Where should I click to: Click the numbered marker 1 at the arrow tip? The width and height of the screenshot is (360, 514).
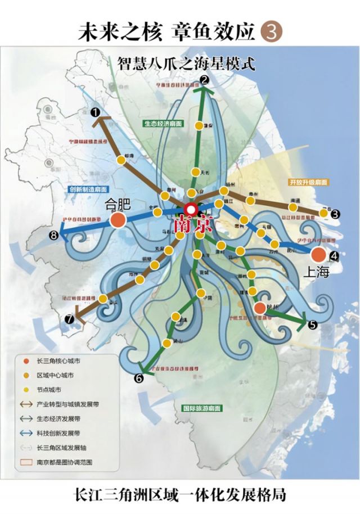pos(96,112)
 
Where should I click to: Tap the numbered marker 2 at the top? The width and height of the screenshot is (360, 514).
pos(205,80)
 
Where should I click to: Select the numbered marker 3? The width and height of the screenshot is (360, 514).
pos(335,214)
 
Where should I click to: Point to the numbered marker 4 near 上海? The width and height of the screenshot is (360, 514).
pos(334,256)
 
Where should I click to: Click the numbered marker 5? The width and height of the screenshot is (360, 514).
pos(312,324)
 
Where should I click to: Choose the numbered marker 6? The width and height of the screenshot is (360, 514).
pos(138,378)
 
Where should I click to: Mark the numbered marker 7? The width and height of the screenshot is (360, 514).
pos(69,319)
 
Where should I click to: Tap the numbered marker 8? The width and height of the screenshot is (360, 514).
pos(54,236)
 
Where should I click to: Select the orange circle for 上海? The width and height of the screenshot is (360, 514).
pos(318,254)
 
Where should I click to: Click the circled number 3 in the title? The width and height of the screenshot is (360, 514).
pos(270,31)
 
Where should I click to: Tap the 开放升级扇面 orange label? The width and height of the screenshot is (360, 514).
pos(308,182)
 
